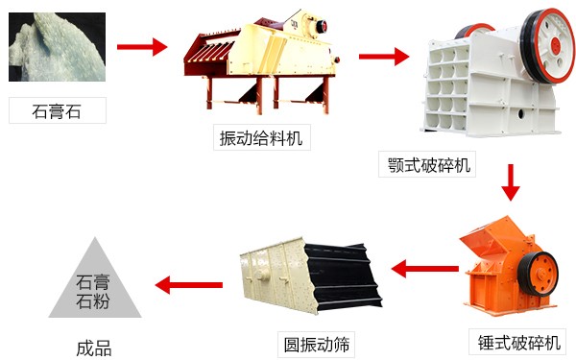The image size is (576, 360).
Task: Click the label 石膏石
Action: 57,110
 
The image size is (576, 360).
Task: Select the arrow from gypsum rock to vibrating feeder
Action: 141,46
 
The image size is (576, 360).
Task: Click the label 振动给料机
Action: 262,138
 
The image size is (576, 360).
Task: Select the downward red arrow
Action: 510,181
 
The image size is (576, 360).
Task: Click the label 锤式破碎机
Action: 517,342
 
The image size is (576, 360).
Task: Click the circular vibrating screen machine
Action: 307,274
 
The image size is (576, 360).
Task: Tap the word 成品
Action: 94,348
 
